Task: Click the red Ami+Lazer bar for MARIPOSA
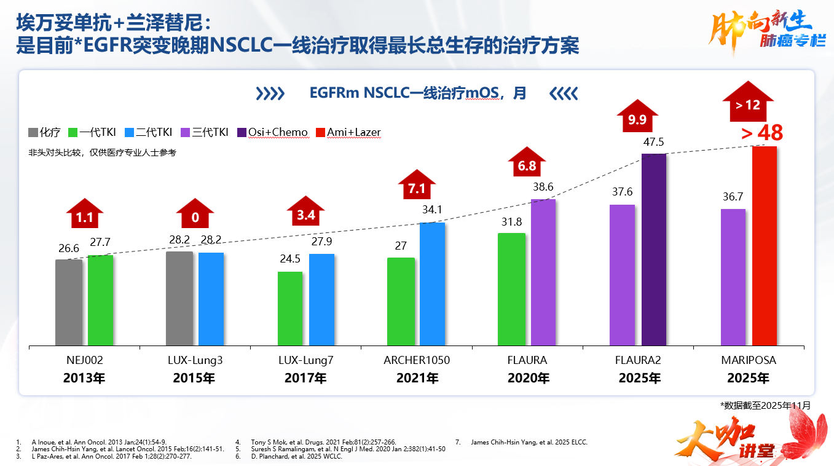pyautogui.click(x=764, y=246)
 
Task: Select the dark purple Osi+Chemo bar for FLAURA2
pyautogui.click(x=654, y=250)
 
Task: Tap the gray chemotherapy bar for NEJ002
pyautogui.click(x=69, y=302)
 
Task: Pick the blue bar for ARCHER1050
pyautogui.click(x=432, y=284)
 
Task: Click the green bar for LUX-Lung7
pyautogui.click(x=290, y=309)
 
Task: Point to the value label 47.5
pyautogui.click(x=654, y=142)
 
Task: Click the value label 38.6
pyautogui.click(x=543, y=188)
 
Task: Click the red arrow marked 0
pyautogui.click(x=195, y=215)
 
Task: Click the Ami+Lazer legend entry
pyautogui.click(x=348, y=132)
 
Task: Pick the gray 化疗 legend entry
pyautogui.click(x=44, y=132)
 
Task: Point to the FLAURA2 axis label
pyautogui.click(x=638, y=360)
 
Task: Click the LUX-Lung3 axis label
pyautogui.click(x=195, y=360)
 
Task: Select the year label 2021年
pyautogui.click(x=417, y=378)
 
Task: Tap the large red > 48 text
pyautogui.click(x=762, y=133)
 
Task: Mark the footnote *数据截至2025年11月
pyautogui.click(x=765, y=405)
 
